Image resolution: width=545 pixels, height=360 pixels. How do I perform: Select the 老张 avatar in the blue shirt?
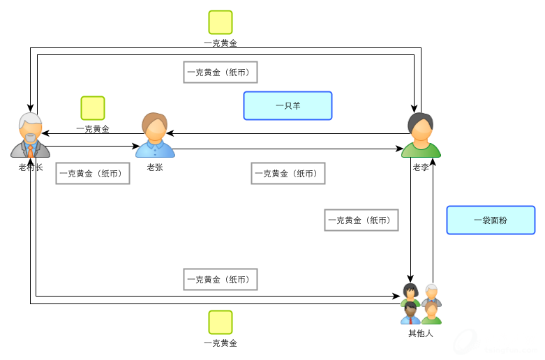pos(154,135)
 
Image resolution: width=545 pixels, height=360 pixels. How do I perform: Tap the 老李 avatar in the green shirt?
pos(421,135)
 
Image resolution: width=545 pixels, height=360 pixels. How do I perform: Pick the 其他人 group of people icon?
pos(421,303)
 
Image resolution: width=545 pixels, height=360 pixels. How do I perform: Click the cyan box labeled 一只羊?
pos(288,106)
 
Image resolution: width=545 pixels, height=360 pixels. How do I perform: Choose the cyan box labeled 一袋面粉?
pos(491,220)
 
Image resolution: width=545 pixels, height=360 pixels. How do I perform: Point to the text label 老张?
pos(155,167)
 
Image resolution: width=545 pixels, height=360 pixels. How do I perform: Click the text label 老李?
pos(421,167)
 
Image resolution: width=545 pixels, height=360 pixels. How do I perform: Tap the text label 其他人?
pos(421,333)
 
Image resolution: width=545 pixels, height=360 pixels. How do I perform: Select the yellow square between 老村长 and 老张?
pos(93,108)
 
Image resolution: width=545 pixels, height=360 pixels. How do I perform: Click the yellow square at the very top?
pos(221,22)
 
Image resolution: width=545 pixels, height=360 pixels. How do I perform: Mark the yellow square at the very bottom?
pos(221,322)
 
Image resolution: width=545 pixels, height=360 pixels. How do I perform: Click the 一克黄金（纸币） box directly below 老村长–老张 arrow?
pos(94,174)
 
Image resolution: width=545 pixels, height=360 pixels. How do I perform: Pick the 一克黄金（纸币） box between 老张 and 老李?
pos(288,174)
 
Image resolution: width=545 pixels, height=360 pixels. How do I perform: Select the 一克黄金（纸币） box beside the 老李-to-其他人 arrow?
pos(361,220)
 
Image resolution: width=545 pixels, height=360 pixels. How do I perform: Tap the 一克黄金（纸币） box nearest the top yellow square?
pos(221,72)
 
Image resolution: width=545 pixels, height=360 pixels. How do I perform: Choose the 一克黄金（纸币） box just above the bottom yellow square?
pos(221,279)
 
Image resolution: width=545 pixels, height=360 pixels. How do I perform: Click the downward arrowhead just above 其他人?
pos(411,278)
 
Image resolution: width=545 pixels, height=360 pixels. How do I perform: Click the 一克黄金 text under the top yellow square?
pos(221,43)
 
